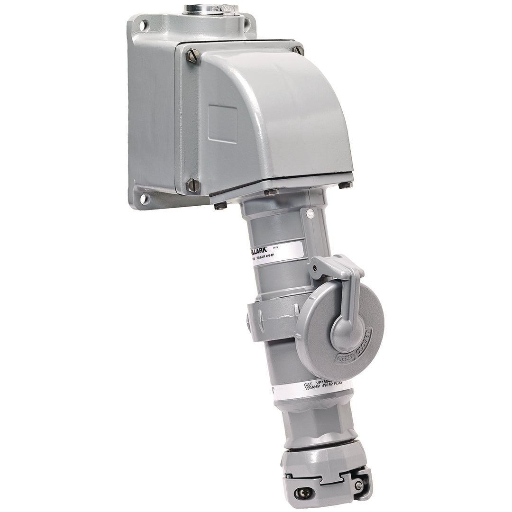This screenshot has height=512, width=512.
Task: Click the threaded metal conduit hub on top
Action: (x=211, y=9)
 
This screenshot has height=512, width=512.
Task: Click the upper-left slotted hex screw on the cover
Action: (x=192, y=56)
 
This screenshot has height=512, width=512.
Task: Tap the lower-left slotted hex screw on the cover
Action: (x=192, y=185)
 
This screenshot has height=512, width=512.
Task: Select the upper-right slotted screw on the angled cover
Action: (x=298, y=49)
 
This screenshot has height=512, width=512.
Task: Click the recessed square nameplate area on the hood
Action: (x=223, y=124)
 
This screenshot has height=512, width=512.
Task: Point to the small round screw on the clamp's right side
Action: (x=359, y=485)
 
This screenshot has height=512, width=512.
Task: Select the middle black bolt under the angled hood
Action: (x=271, y=192)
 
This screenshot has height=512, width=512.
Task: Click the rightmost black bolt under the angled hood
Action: (x=345, y=184)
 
